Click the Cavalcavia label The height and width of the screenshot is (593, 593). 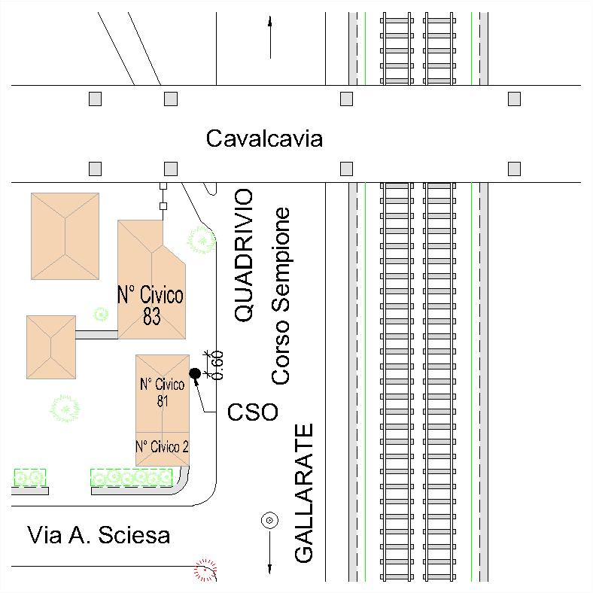264,139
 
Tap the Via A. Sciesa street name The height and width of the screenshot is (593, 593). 99,536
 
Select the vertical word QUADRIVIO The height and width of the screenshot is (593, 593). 245,256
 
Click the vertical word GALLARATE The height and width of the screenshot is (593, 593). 303,493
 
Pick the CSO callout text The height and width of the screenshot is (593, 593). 253,412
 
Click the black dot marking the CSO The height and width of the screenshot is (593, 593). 194,373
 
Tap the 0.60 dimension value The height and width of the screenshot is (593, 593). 218,364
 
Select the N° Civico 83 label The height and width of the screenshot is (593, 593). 151,306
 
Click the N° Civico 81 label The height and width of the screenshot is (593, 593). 162,392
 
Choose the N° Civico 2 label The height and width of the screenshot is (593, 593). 162,446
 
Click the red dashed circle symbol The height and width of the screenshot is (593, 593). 205,570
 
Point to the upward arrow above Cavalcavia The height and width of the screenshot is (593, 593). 269,38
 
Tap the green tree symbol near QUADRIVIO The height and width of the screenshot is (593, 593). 201,239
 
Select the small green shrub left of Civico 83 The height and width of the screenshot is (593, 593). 100,313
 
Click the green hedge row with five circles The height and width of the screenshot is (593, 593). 132,477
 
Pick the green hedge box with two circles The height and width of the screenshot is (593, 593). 30,477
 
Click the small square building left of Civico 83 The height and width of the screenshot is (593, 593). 51,346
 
